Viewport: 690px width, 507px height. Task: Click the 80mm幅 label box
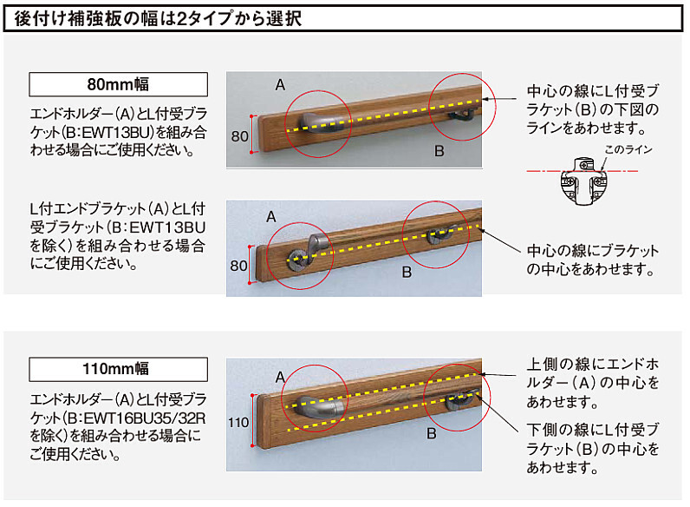(x=118, y=84)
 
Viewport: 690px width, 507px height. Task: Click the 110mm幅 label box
(x=118, y=369)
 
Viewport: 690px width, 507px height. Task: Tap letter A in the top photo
(x=280, y=85)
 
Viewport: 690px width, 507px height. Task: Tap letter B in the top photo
(x=439, y=151)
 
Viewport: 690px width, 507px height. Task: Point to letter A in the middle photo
(x=271, y=217)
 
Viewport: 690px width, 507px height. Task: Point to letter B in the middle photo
(x=407, y=272)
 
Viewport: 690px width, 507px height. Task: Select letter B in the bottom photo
(x=432, y=433)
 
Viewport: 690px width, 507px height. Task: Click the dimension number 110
(x=238, y=422)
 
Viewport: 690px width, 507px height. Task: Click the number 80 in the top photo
(x=240, y=136)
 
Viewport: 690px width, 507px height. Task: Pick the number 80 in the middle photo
(x=238, y=266)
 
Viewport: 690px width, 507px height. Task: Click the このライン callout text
(x=628, y=149)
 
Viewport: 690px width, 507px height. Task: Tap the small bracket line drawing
(x=583, y=181)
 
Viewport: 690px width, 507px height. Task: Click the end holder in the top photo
(x=322, y=123)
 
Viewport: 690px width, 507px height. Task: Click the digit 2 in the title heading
(x=181, y=18)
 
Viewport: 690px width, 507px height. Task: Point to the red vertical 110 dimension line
(x=252, y=420)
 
